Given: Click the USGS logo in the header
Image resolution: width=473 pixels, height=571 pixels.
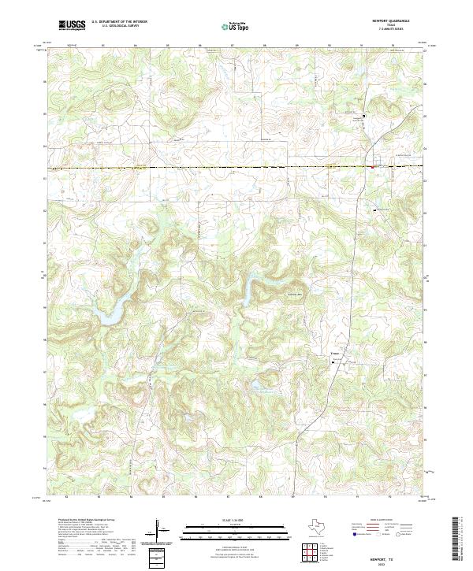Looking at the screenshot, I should click(x=71, y=25).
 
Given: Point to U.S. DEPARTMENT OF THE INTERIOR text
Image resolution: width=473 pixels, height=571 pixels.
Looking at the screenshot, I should click(x=119, y=22).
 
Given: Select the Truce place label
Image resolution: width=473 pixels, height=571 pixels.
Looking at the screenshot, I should click(x=333, y=356).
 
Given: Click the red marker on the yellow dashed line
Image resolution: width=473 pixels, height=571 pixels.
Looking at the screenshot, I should click(x=373, y=166).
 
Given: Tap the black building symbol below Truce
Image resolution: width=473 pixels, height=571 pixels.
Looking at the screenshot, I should click(x=332, y=363).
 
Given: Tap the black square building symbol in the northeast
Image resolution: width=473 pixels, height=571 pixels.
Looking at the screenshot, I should click(x=363, y=116).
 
